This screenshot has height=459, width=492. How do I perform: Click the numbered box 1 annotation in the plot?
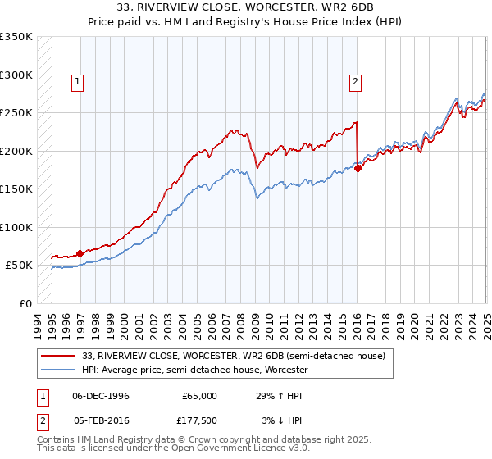[x=76, y=81]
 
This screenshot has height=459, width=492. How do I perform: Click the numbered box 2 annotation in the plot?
[x=355, y=81]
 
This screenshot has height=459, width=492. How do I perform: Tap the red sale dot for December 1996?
[x=80, y=253]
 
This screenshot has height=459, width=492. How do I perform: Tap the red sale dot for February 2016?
[x=358, y=168]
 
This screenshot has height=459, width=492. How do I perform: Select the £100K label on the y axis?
[x=16, y=227]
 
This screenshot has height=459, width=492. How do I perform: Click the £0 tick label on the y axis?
[x=25, y=303]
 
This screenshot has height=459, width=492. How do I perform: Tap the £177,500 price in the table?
[x=200, y=422]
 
